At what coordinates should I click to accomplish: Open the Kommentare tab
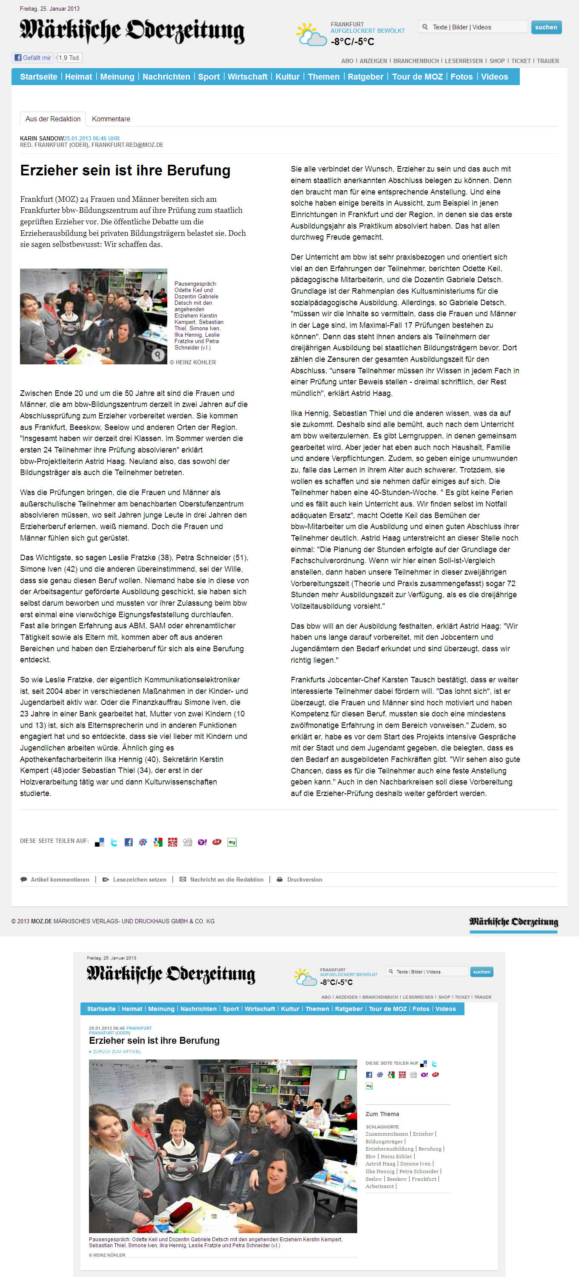(x=111, y=119)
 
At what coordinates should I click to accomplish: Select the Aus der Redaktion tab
(x=52, y=119)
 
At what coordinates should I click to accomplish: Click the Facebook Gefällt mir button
(x=33, y=58)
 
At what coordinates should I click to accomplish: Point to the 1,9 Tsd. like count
(x=69, y=58)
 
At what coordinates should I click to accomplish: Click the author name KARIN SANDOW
(x=42, y=138)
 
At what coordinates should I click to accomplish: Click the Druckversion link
(x=304, y=879)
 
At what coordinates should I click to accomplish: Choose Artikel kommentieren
(x=60, y=879)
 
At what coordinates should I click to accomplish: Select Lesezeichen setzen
(x=139, y=879)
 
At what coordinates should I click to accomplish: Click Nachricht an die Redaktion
(x=226, y=879)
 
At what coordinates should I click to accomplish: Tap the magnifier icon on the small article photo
(x=158, y=355)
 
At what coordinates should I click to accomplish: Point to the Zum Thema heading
(x=382, y=1114)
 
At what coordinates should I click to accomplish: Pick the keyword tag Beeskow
(x=397, y=1179)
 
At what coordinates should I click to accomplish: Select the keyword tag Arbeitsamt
(x=380, y=1186)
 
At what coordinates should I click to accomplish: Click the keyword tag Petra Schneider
(x=419, y=1171)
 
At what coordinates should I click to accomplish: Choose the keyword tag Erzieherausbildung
(x=389, y=1148)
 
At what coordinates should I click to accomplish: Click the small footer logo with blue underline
(x=513, y=922)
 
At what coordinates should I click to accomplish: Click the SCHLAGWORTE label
(x=382, y=1127)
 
